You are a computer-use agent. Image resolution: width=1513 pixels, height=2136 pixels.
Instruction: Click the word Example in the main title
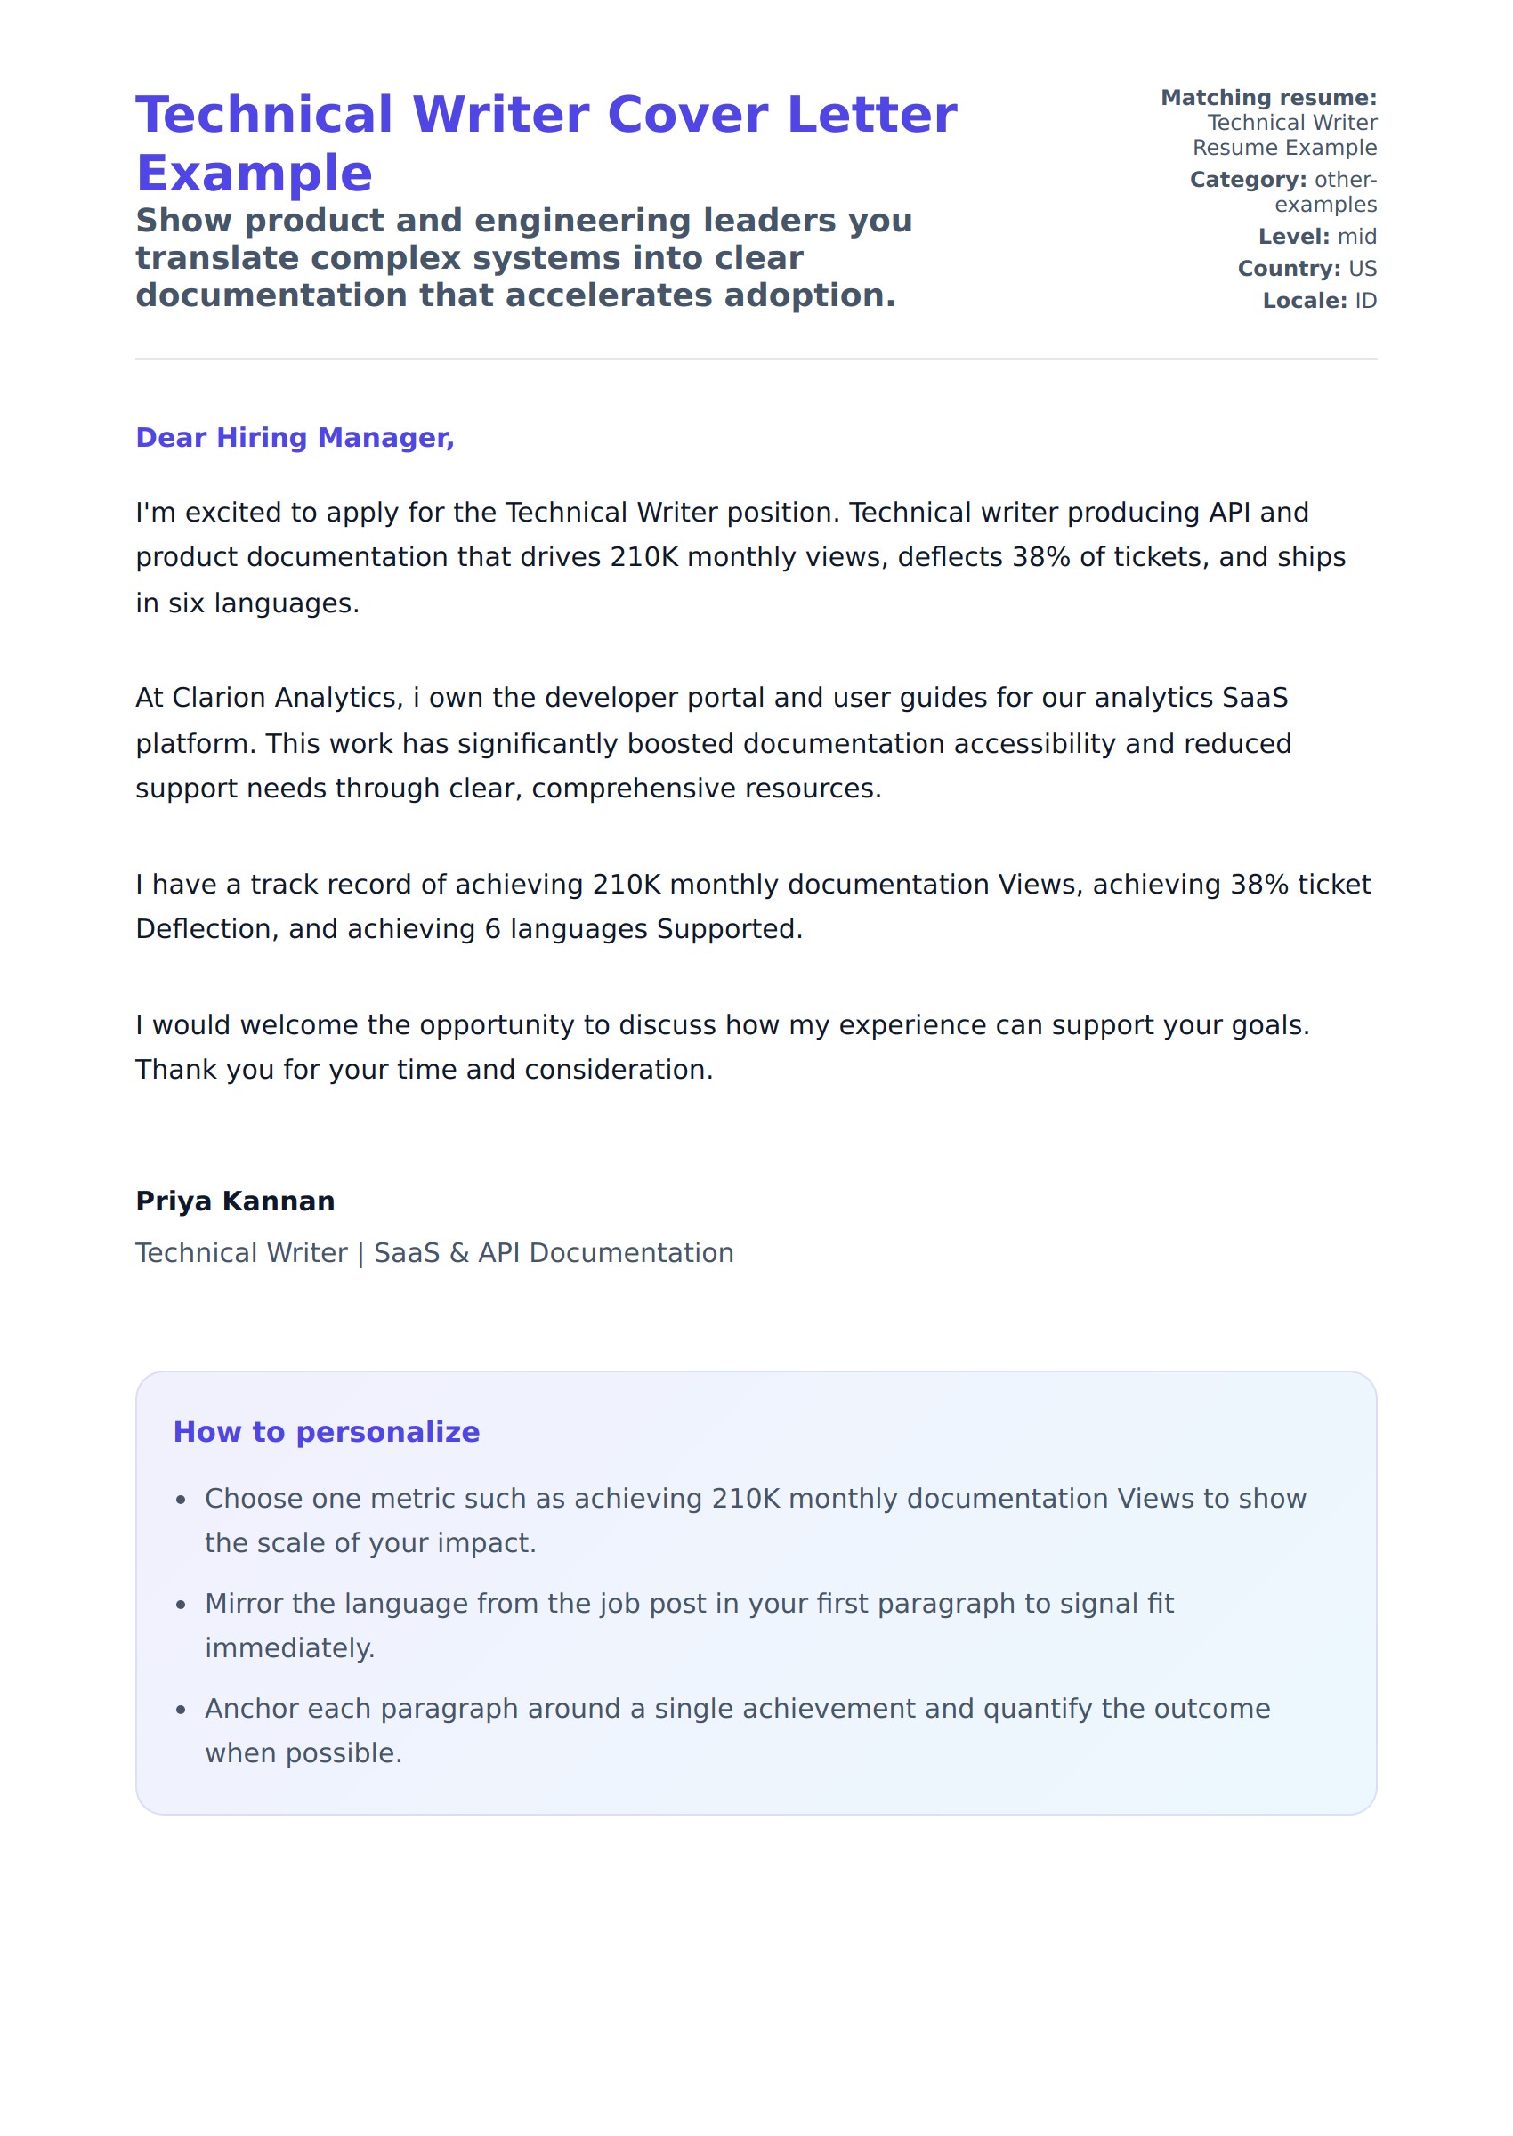point(255,174)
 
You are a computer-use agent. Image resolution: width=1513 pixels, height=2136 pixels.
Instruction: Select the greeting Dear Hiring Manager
point(295,438)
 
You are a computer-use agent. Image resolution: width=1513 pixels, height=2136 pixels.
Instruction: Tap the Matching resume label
point(1268,98)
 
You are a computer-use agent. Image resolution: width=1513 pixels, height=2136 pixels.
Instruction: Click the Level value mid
point(1356,237)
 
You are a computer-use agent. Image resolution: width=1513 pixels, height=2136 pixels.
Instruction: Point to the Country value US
point(1362,268)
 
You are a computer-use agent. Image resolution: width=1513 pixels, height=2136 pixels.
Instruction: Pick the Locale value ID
point(1365,301)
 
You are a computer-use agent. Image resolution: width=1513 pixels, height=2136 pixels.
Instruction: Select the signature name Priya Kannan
point(235,1201)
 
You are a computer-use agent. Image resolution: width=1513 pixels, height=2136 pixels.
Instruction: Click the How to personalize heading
point(326,1432)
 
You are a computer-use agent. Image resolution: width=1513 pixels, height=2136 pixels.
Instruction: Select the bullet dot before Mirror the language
point(182,1604)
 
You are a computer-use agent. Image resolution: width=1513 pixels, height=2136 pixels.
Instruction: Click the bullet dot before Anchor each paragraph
point(182,1710)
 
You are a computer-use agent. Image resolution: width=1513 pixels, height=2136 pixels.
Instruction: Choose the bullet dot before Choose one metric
point(182,1499)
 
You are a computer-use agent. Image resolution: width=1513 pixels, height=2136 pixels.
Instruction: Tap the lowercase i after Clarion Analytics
point(416,698)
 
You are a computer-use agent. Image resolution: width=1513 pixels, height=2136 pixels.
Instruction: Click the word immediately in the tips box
point(289,1648)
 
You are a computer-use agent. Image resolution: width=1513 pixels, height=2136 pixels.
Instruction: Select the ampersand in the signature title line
point(459,1253)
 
